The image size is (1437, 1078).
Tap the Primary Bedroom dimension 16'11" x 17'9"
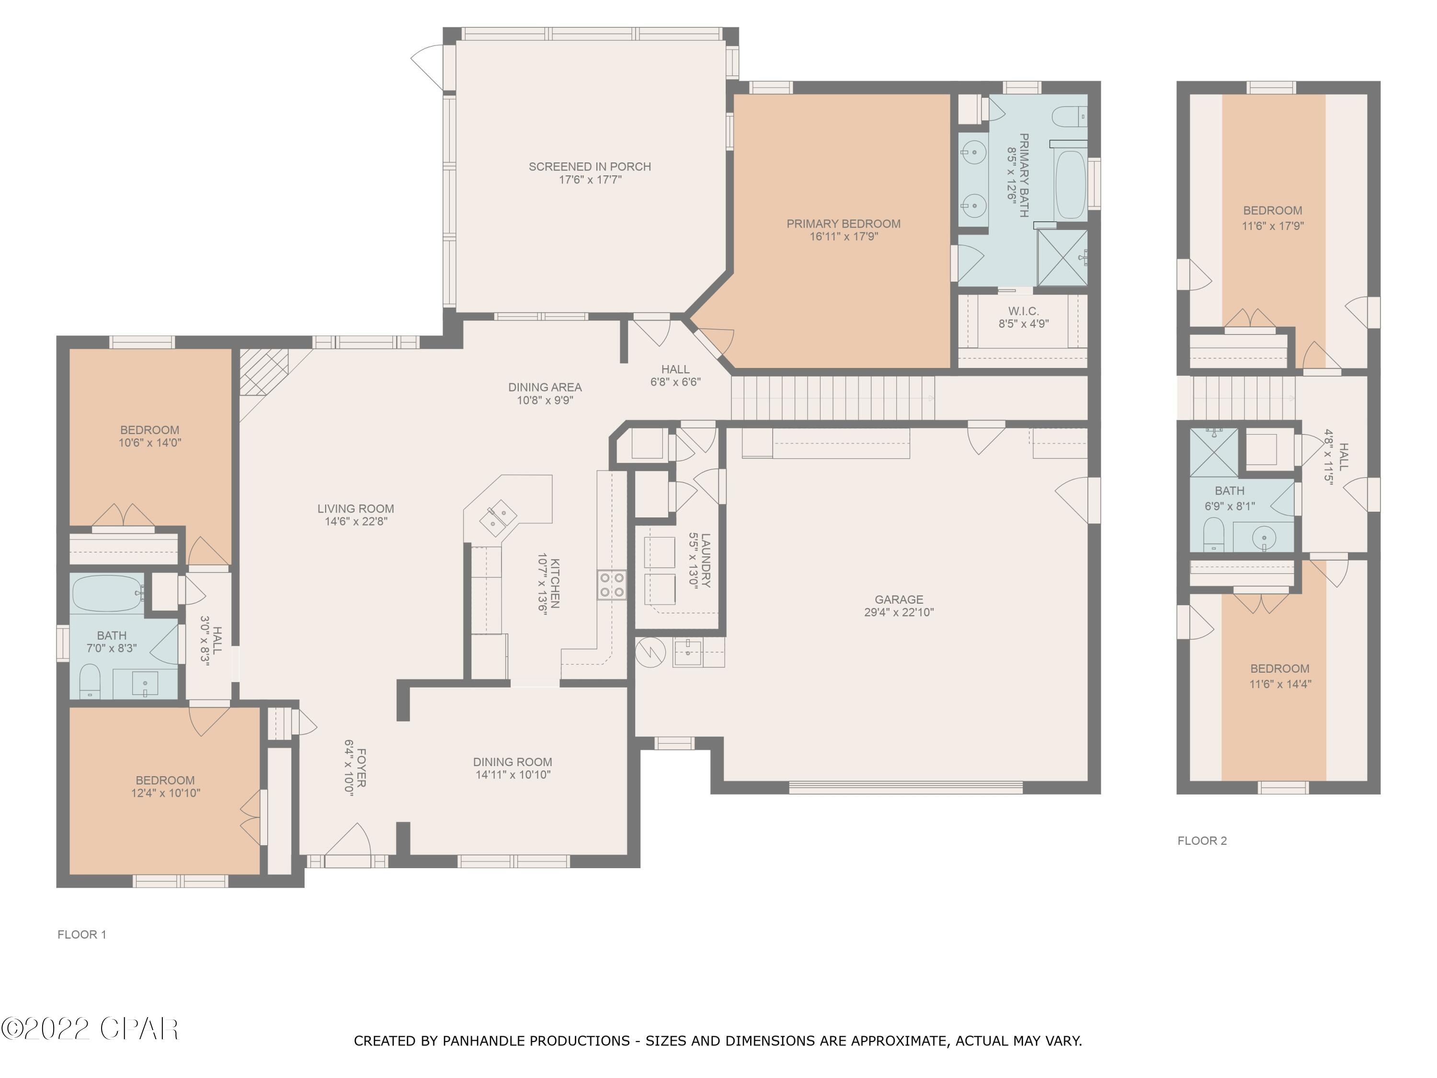(843, 237)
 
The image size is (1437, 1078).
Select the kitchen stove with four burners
(611, 584)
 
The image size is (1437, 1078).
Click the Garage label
(899, 599)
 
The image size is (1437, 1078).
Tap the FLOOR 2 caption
(1202, 841)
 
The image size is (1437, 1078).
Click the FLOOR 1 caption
(82, 934)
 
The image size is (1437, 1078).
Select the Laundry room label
(706, 560)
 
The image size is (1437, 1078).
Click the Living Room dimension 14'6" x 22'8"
(356, 521)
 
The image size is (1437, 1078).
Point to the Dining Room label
(512, 762)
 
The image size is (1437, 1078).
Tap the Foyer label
(361, 768)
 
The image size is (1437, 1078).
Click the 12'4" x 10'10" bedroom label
(165, 786)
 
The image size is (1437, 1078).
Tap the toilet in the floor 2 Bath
(1213, 534)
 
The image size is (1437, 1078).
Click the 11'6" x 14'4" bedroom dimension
(1280, 684)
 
